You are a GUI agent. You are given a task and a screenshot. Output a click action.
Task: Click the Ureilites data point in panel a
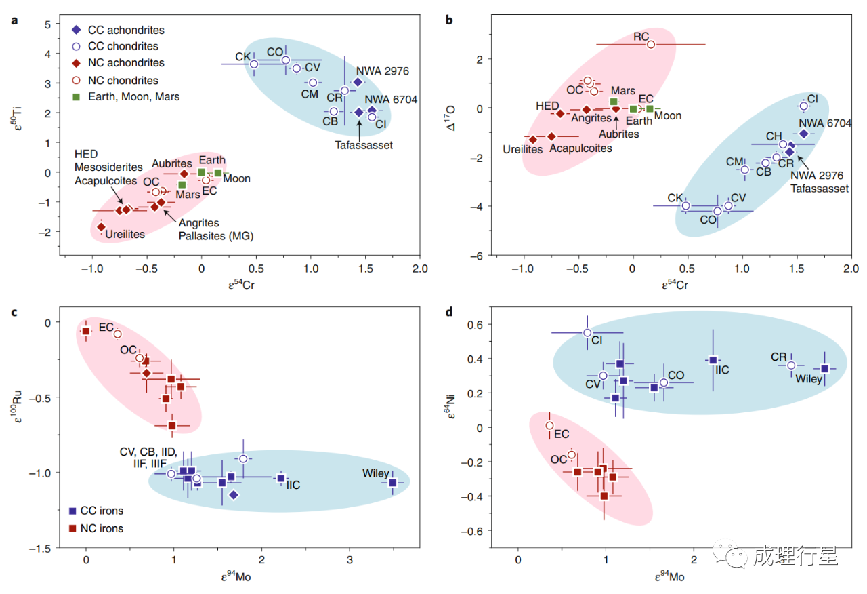click(101, 227)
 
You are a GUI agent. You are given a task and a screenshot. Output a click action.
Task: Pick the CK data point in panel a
click(254, 64)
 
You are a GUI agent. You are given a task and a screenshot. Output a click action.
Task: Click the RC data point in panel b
click(651, 45)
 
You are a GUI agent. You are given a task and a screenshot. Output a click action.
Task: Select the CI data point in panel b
click(804, 106)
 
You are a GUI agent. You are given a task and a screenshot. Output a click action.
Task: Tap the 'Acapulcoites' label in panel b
click(580, 148)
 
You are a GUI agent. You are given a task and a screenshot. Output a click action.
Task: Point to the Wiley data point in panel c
click(392, 483)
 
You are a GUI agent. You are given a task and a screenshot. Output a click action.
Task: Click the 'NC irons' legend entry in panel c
click(97, 528)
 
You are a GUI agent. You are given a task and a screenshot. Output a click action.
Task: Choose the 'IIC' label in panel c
click(293, 486)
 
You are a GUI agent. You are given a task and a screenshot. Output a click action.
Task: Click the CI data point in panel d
click(587, 333)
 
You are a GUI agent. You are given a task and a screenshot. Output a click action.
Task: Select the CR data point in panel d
click(790, 365)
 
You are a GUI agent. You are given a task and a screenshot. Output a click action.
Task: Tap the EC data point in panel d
click(550, 426)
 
